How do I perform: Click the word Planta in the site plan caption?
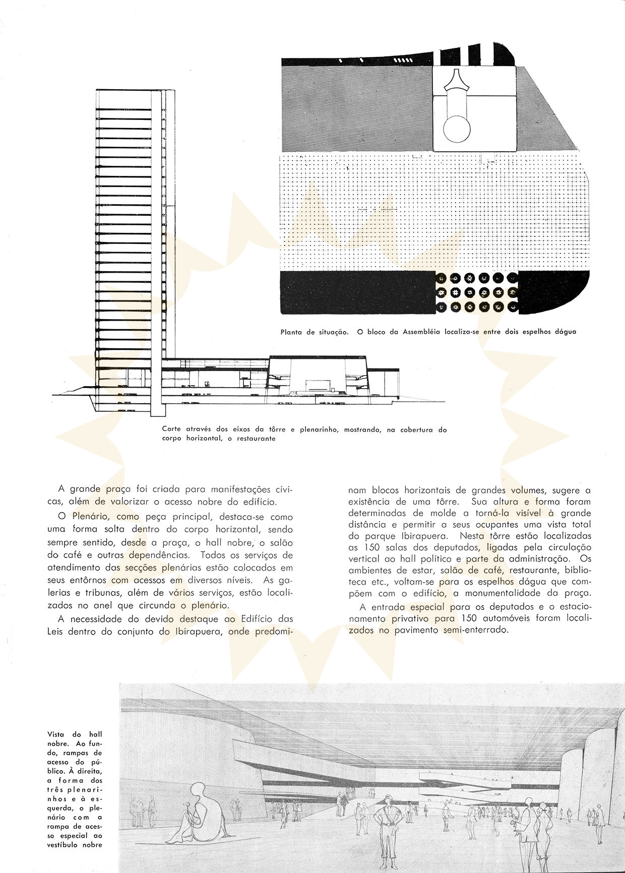pyautogui.click(x=292, y=332)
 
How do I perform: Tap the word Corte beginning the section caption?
pyautogui.click(x=172, y=430)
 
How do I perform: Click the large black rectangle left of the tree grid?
pyautogui.click(x=357, y=293)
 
